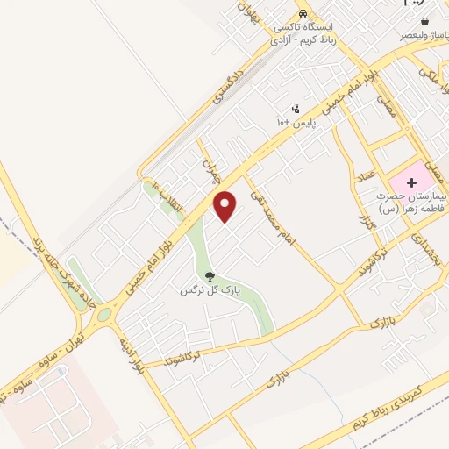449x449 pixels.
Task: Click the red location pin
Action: point(225,207)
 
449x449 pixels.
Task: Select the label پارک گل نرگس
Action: point(198,289)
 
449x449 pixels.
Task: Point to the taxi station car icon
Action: point(303,14)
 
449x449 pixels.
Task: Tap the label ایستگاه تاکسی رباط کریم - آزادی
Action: point(303,32)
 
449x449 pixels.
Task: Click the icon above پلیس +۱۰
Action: point(296,109)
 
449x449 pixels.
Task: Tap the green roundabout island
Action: point(104,314)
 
